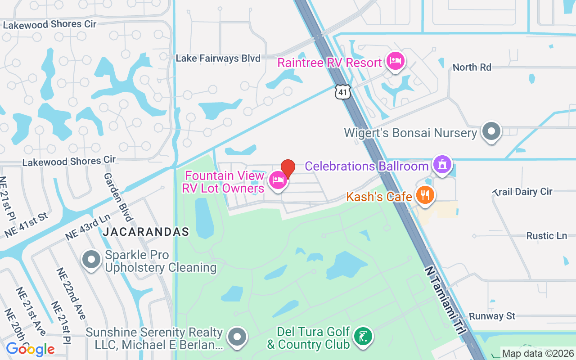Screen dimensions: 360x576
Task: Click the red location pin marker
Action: point(288,168)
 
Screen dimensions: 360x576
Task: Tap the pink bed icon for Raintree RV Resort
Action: point(395,62)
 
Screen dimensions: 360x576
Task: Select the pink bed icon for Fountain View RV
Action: point(278,181)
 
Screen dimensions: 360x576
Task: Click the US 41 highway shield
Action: point(342,92)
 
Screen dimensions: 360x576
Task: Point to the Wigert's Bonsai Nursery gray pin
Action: point(491,132)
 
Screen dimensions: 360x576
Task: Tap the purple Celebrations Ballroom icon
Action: point(442,165)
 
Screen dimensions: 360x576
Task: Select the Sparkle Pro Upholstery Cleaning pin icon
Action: point(92,260)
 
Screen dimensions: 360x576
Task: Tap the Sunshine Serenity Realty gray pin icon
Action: point(237,337)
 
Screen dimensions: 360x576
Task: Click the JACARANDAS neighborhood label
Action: point(146,232)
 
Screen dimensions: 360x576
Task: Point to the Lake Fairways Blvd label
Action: point(218,58)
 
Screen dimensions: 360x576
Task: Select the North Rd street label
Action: point(472,67)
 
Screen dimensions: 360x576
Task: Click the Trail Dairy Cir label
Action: point(522,192)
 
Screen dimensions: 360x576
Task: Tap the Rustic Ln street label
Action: point(546,236)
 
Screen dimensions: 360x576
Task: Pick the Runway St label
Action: point(492,316)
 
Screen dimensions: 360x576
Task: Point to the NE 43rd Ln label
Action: point(88,228)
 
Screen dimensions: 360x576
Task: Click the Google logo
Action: point(30,349)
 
